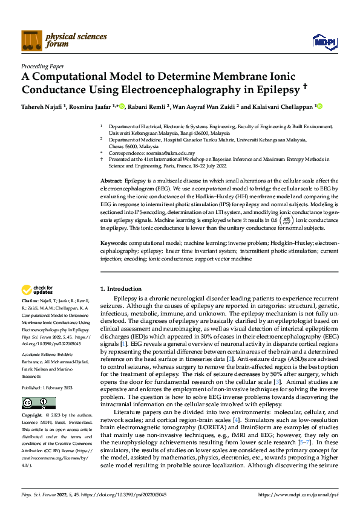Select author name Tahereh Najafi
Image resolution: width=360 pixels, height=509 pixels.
42,106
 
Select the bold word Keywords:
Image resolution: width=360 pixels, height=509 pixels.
113,242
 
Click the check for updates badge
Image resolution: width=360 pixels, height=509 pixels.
38,290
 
